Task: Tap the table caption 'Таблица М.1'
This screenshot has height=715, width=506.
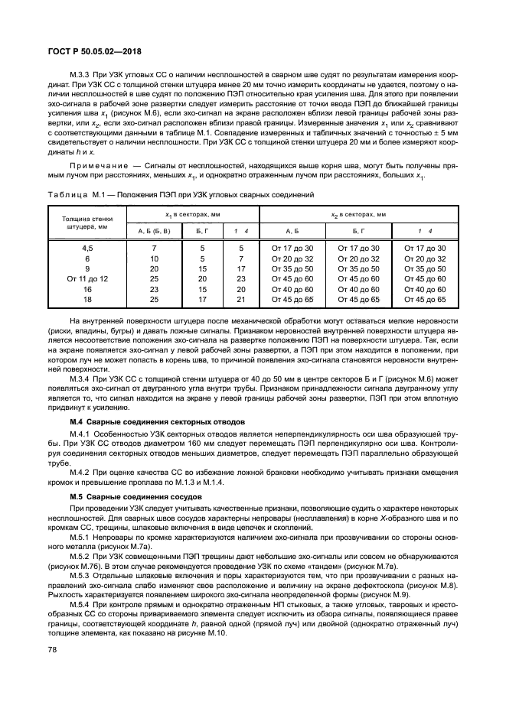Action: pyautogui.click(x=73, y=195)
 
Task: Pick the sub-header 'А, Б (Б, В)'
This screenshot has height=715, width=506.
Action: pyautogui.click(x=154, y=230)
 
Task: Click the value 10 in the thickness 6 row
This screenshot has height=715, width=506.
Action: pyautogui.click(x=154, y=258)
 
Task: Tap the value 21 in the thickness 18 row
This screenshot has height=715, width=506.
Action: pyautogui.click(x=241, y=299)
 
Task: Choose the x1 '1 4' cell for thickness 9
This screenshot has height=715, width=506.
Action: pyautogui.click(x=241, y=269)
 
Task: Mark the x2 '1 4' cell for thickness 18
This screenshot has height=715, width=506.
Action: pyautogui.click(x=424, y=299)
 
